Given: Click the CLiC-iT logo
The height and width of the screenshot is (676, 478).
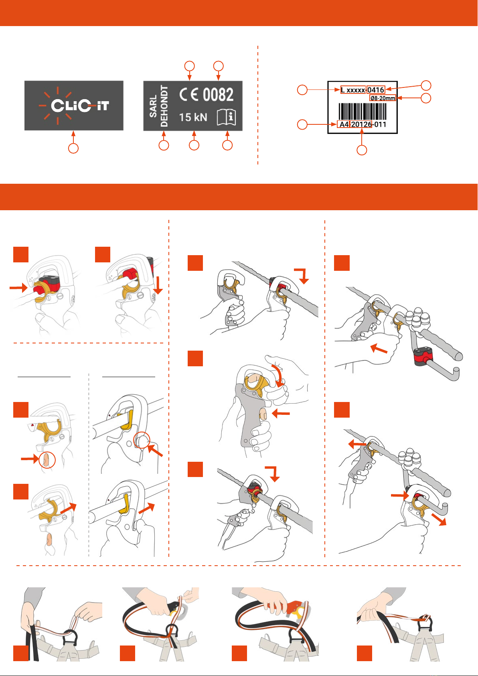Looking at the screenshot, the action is tap(74, 106).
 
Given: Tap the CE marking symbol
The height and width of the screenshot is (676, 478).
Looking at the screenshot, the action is tap(189, 94).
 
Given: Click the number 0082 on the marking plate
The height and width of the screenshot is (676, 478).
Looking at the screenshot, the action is tap(218, 94).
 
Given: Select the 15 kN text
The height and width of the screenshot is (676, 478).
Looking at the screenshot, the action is tap(193, 117).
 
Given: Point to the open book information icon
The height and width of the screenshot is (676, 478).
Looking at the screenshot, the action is tap(226, 117).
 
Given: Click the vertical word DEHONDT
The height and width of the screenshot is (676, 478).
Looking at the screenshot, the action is tap(164, 106).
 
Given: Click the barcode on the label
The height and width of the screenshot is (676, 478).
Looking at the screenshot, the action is tap(362, 112).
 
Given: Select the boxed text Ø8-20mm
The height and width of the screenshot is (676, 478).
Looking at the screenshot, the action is tap(383, 98).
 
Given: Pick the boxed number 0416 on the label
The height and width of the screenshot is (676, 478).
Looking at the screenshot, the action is tap(375, 90).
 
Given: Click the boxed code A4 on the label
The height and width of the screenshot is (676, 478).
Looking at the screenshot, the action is tap(343, 124).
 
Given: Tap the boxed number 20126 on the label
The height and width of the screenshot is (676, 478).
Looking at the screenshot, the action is tap(361, 124).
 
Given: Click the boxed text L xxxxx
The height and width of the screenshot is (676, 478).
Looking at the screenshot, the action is tap(353, 90).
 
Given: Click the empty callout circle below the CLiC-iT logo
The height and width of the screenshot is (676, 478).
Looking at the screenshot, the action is tap(73, 148).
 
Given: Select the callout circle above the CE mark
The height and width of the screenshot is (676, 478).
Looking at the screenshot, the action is tap(189, 66).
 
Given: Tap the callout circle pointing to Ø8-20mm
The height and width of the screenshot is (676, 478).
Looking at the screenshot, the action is tap(426, 98).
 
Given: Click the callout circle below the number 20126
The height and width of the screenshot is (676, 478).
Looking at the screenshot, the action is tap(362, 150).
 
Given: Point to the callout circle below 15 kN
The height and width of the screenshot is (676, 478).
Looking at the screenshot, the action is tap(194, 145).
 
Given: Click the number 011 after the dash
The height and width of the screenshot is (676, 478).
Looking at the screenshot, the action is tap(380, 124).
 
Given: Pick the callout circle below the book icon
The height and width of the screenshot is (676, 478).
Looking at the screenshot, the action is tap(227, 145).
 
